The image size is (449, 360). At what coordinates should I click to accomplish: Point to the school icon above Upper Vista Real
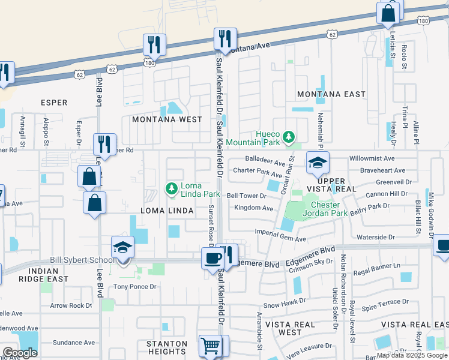(317, 162)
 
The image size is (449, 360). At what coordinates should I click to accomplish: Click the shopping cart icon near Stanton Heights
(210, 346)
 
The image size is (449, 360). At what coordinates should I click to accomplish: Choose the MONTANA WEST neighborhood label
(167, 119)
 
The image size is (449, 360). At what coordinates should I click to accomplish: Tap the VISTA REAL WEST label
(291, 328)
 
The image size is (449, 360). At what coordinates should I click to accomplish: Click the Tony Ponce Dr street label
(135, 287)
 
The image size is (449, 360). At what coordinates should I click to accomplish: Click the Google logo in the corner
(20, 353)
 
